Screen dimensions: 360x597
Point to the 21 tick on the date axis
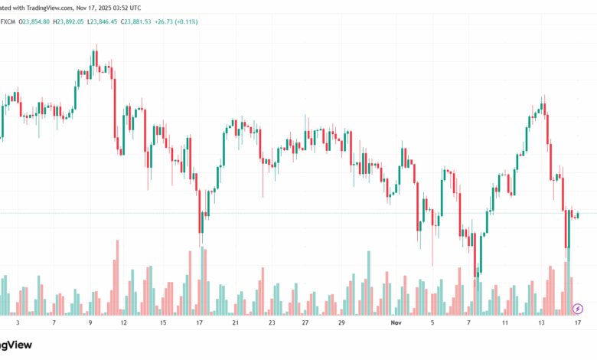click(236, 323)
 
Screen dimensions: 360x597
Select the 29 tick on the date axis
click(341, 323)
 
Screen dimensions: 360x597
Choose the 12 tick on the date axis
click(123, 323)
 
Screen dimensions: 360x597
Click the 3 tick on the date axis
click(18, 323)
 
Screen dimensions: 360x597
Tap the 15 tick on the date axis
click(163, 323)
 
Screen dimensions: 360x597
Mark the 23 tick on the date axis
click(272, 323)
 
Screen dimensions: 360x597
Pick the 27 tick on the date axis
click(305, 323)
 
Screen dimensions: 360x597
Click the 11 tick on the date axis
click(505, 323)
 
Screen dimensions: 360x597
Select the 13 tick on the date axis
click(542, 323)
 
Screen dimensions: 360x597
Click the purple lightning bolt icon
click(578, 309)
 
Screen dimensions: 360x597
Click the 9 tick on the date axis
click(90, 323)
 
